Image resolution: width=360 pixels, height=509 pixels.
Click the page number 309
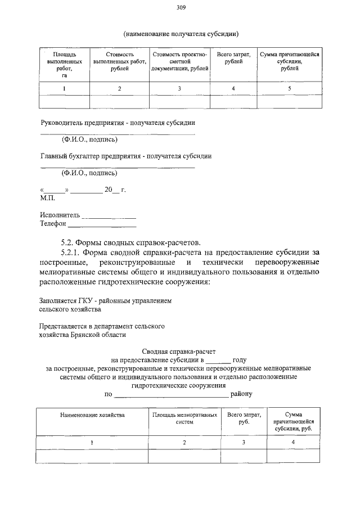click(181, 8)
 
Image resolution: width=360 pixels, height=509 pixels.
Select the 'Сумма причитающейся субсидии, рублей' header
click(289, 58)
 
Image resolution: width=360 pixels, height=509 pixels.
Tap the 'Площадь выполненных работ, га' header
click(65, 65)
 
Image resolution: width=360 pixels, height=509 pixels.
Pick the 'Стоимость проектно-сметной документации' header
click(179, 61)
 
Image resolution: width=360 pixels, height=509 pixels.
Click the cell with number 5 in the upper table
click(289, 89)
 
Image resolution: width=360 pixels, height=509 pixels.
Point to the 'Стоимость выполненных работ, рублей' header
click(119, 61)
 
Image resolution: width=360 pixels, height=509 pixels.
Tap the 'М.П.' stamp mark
click(47, 198)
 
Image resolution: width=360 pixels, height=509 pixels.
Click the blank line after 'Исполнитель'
click(109, 215)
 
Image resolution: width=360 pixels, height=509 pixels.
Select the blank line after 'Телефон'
click(102, 224)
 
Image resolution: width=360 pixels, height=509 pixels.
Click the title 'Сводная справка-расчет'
click(179, 350)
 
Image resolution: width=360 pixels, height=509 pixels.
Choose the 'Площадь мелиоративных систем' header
click(184, 418)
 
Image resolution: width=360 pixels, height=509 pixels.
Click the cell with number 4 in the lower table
click(293, 443)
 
